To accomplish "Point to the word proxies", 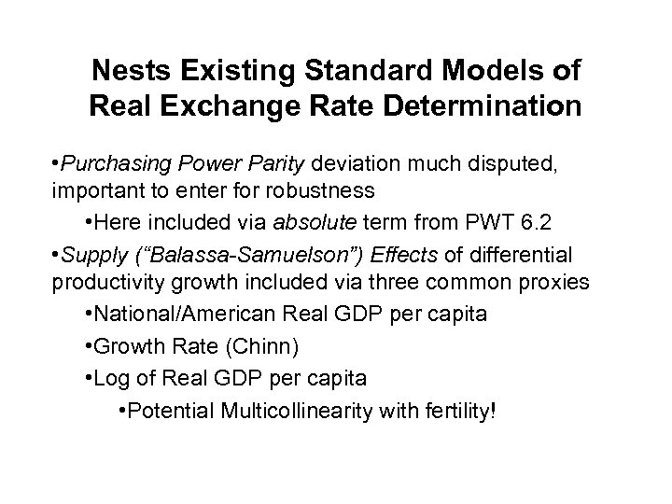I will pos(557,282).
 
